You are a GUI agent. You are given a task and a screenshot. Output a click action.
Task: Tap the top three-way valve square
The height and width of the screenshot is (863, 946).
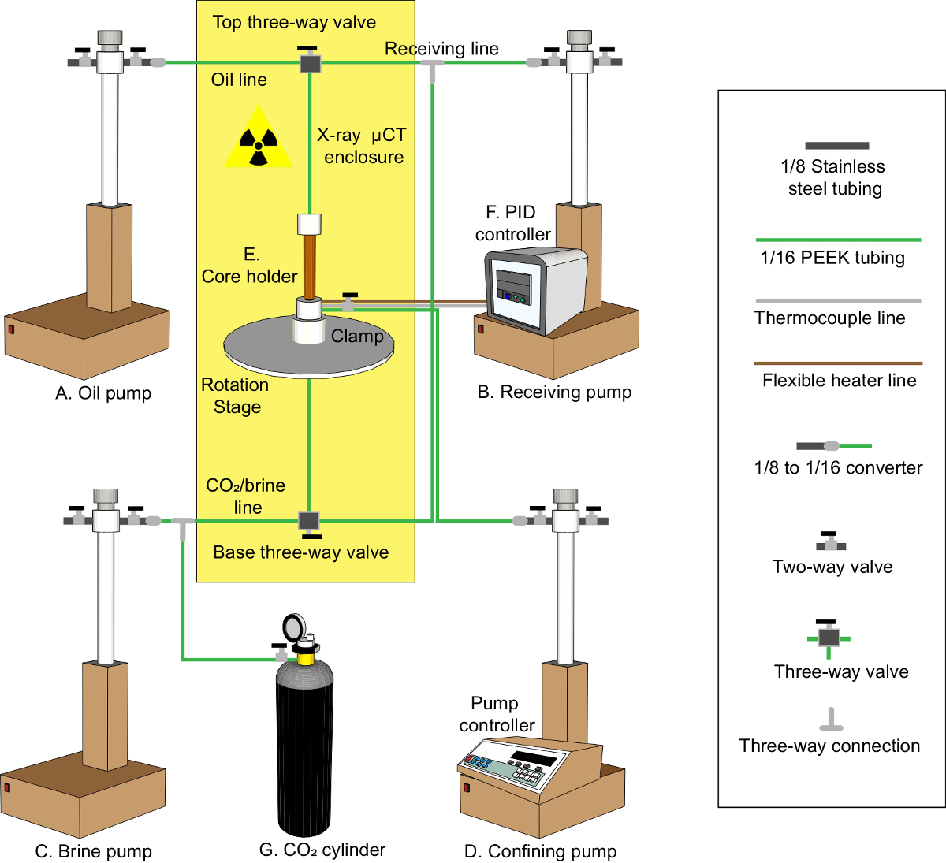coord(309,63)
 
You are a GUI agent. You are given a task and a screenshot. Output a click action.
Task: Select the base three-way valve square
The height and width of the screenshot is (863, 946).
coord(308,521)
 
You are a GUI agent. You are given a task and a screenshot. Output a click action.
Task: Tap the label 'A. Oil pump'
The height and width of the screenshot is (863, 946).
coord(103,393)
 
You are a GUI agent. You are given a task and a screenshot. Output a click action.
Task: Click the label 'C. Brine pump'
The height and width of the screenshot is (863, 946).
coord(94,851)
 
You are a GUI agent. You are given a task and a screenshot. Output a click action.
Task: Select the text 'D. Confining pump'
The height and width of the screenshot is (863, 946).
coord(541,851)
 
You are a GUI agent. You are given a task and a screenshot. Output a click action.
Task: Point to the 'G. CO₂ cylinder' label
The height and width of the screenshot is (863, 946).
coord(322,850)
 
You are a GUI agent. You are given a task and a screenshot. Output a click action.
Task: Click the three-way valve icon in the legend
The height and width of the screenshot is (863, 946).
coord(828,637)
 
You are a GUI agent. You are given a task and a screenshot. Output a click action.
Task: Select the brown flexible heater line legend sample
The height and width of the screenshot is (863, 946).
coord(838,363)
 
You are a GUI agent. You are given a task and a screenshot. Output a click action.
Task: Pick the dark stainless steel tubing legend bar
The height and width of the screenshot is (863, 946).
coord(836,146)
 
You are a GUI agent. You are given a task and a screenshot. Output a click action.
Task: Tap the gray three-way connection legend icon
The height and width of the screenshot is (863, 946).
coord(830,720)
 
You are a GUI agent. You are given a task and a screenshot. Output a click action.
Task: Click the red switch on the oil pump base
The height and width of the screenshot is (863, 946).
coord(12,329)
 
